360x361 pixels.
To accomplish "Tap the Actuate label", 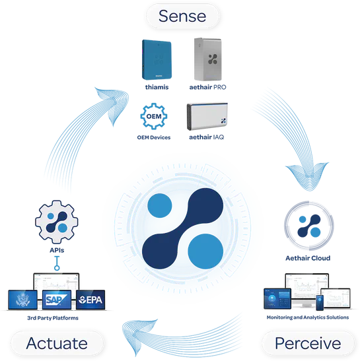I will pyautogui.click(x=56, y=343).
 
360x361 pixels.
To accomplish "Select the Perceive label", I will pyautogui.click(x=308, y=343).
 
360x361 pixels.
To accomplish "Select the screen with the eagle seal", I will pyautogui.click(x=22, y=301).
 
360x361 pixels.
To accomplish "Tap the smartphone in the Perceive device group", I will pyautogui.click(x=320, y=304).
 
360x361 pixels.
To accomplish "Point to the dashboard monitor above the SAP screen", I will pyautogui.click(x=56, y=280).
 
